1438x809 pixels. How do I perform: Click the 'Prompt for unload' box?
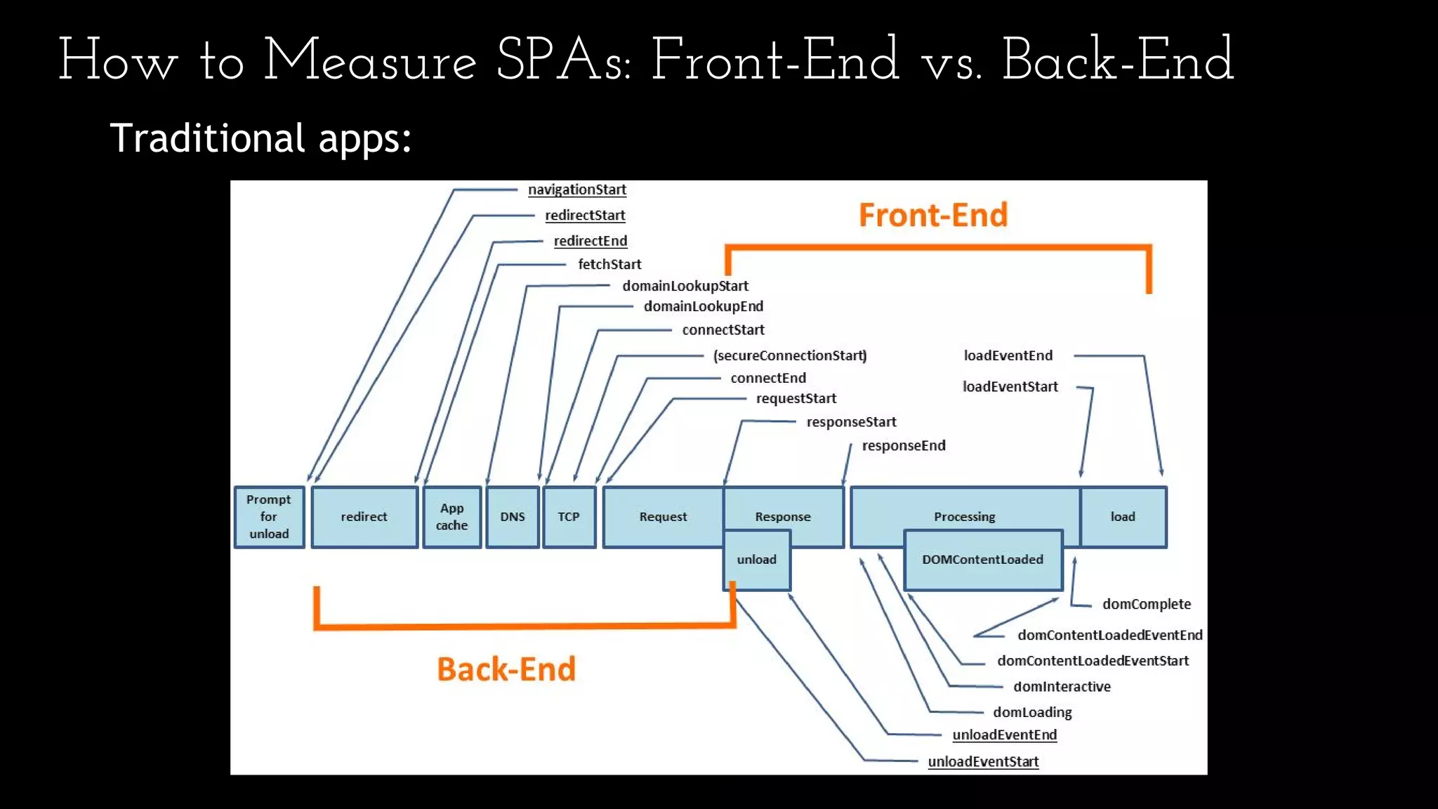(x=269, y=517)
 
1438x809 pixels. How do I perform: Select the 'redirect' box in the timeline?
(x=364, y=517)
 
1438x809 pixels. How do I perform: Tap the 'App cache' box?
(x=451, y=517)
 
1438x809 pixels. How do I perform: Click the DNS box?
(x=513, y=517)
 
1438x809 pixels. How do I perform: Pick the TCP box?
(x=569, y=517)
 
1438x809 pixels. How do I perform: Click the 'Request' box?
(x=663, y=517)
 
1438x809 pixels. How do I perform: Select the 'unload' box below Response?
(x=756, y=560)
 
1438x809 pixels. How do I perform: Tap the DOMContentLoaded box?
(x=982, y=560)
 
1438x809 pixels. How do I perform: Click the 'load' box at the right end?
(x=1123, y=517)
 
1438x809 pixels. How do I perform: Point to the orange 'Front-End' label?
(x=932, y=215)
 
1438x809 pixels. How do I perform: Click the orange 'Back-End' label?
(x=506, y=669)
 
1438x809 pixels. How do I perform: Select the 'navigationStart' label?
(x=576, y=190)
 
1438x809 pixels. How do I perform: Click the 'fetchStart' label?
(x=609, y=264)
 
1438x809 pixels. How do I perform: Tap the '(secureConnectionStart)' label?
(x=790, y=355)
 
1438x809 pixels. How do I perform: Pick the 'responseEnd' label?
(x=903, y=445)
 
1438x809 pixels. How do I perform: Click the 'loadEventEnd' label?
(x=1008, y=355)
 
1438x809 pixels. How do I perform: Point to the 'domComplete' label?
(x=1146, y=604)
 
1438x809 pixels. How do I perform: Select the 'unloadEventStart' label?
(x=982, y=761)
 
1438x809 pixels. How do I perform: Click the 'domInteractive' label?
(x=1062, y=686)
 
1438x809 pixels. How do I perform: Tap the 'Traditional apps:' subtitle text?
(x=260, y=138)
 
